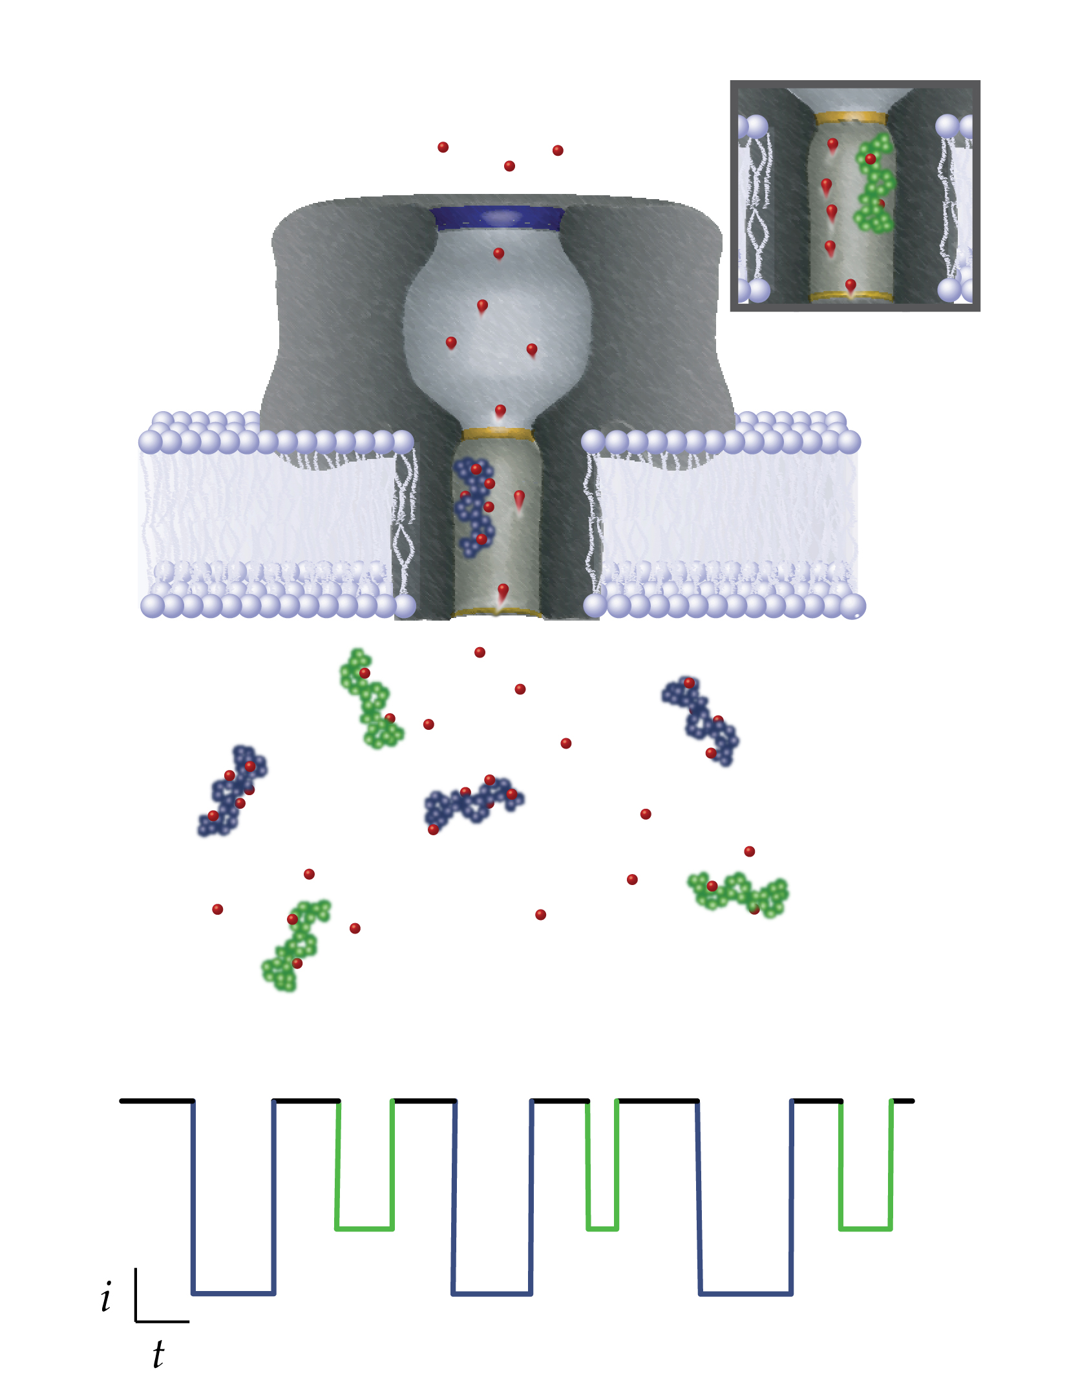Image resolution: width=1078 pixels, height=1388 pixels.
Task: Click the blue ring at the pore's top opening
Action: pyautogui.click(x=498, y=219)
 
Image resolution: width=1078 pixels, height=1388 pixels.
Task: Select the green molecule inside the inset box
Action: pyautogui.click(x=874, y=184)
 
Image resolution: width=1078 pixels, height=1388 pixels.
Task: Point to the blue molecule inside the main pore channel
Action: pyautogui.click(x=474, y=507)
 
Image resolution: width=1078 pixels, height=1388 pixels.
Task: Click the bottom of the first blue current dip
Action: pyautogui.click(x=233, y=1293)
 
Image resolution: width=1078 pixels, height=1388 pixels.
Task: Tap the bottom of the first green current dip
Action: pyautogui.click(x=365, y=1228)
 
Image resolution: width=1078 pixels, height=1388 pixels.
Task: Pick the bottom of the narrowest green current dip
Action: pyautogui.click(x=602, y=1228)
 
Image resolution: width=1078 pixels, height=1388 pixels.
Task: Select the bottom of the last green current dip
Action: pyautogui.click(x=865, y=1228)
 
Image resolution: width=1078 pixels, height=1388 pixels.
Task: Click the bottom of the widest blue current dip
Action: pyautogui.click(x=746, y=1293)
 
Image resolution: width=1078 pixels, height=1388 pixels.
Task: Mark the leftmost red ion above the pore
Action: pyautogui.click(x=443, y=147)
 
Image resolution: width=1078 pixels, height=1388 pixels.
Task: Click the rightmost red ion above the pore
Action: pyautogui.click(x=558, y=151)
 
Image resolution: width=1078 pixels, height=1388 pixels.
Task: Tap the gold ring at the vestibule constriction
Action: pyautogui.click(x=498, y=433)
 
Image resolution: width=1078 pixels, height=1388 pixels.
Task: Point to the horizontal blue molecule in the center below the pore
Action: pyautogui.click(x=473, y=804)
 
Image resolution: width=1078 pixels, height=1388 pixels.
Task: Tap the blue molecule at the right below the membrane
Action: pyautogui.click(x=701, y=720)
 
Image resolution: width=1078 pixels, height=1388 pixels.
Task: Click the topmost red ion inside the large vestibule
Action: pyautogui.click(x=498, y=254)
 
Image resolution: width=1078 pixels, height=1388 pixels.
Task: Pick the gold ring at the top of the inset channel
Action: pyautogui.click(x=851, y=118)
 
